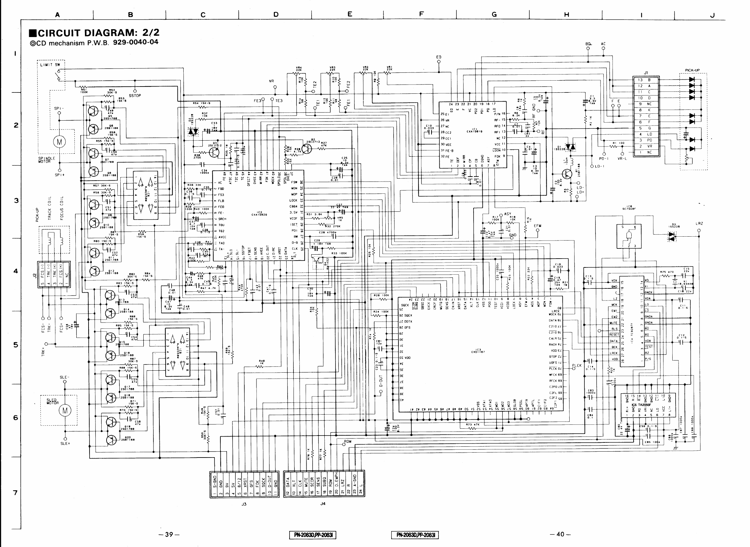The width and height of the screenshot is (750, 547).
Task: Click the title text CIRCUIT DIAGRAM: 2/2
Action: click(x=94, y=33)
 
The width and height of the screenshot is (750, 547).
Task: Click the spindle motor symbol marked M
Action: click(x=59, y=142)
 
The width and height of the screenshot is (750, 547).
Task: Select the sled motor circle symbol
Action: click(x=65, y=411)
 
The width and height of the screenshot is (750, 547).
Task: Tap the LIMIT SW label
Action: click(x=50, y=65)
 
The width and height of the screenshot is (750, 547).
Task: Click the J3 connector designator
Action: click(x=244, y=504)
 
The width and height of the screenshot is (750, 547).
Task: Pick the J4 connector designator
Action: click(x=323, y=504)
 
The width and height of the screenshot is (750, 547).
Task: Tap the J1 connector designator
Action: click(x=646, y=73)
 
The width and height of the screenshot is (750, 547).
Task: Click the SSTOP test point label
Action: click(x=135, y=96)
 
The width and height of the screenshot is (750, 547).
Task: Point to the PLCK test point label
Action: click(x=577, y=365)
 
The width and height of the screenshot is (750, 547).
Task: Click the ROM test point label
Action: click(x=348, y=441)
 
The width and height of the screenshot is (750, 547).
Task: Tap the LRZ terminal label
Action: click(x=699, y=224)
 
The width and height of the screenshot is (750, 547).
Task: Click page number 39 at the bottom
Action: click(x=169, y=534)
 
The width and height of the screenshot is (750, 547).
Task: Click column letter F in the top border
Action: click(x=421, y=14)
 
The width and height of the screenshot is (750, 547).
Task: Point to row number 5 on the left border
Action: click(x=15, y=345)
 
